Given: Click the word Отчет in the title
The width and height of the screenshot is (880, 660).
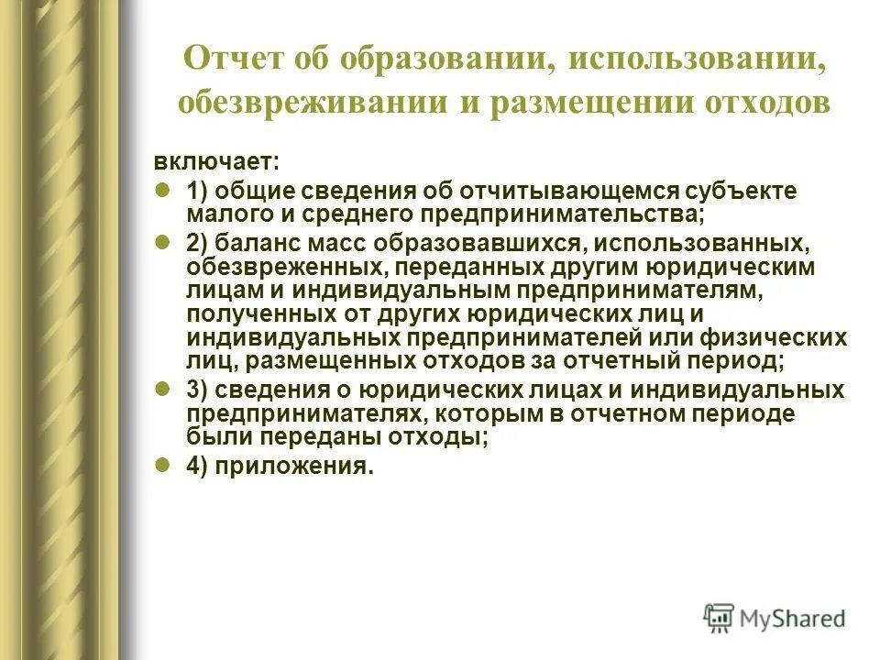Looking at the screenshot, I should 236,60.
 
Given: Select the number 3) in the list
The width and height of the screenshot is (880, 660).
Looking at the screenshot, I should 198,389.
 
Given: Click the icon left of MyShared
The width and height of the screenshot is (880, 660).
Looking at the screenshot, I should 719,618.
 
